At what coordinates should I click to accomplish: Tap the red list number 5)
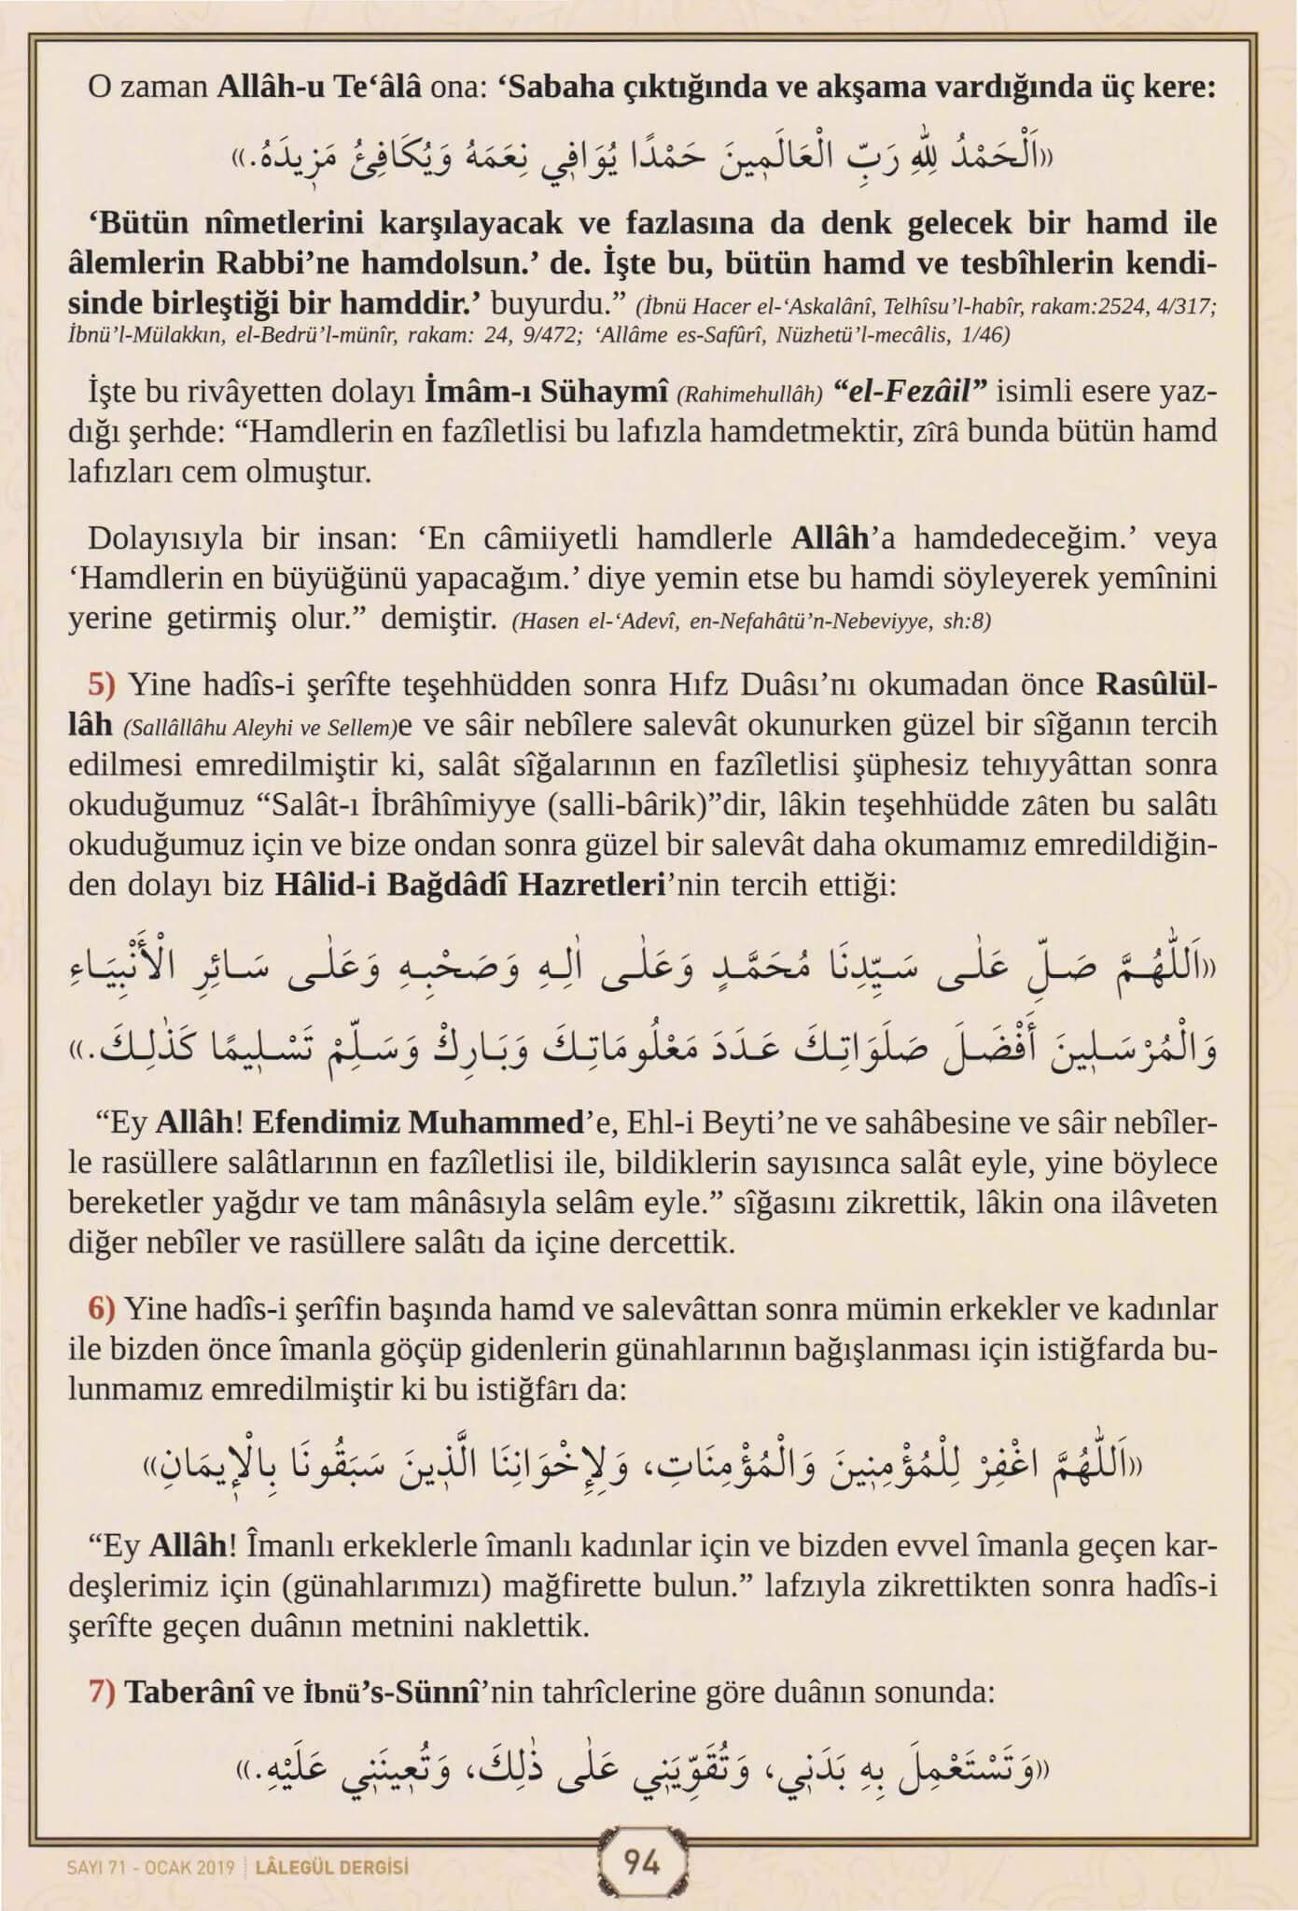100,684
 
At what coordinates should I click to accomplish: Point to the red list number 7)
101,1692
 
